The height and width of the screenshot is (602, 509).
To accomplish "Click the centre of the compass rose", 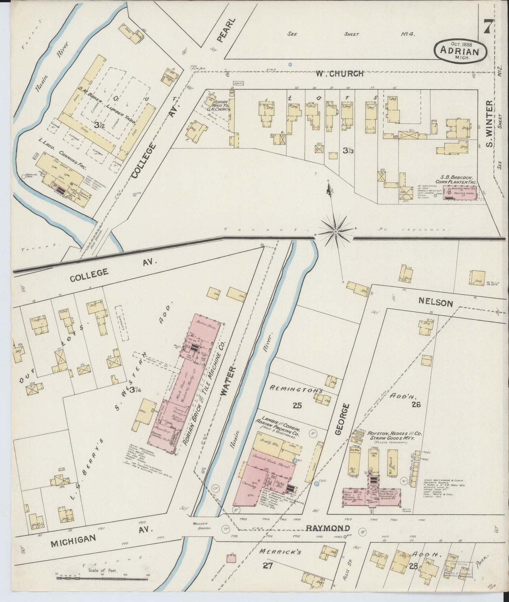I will [x=336, y=231].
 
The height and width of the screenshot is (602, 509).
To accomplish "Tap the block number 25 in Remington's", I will [x=297, y=406].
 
